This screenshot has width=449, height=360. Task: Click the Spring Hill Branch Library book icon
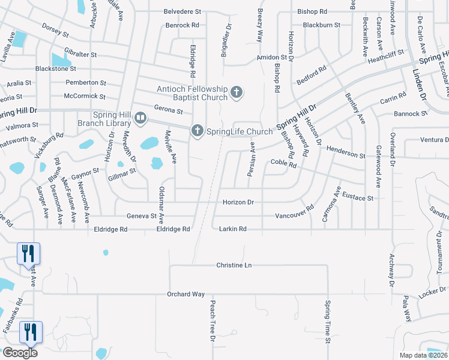140,118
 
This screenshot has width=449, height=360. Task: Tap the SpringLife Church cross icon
197,130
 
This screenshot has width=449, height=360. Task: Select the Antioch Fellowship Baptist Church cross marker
237,92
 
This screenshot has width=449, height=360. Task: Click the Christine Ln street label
234,265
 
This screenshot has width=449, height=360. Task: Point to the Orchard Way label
186,294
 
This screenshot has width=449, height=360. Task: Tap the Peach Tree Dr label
212,321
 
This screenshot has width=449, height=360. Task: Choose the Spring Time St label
328,322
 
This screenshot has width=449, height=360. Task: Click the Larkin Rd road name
233,229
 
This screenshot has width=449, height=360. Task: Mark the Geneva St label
141,216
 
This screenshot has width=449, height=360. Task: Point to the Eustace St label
358,198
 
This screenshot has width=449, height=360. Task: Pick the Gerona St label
168,111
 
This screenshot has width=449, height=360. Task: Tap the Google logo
20,352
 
